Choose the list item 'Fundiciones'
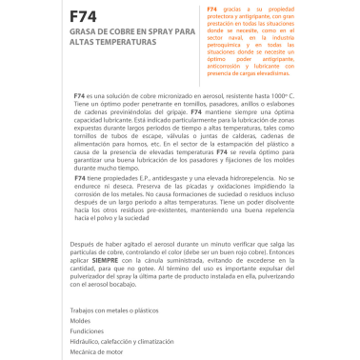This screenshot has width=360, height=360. [89, 331]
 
